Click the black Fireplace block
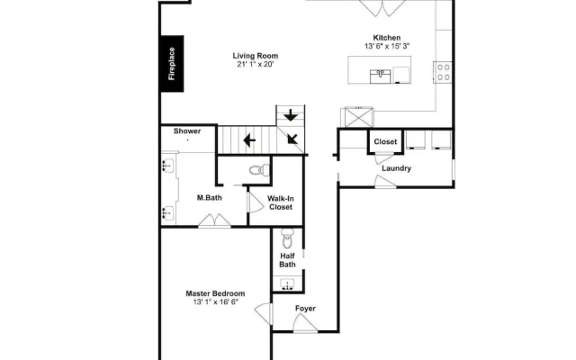point(172,64)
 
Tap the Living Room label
point(256,56)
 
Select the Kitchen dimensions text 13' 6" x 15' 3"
point(387,46)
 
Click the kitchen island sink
point(380,76)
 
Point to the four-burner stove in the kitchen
point(444,72)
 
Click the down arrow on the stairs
point(291,115)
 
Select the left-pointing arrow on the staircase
point(249,140)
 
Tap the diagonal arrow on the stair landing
point(292,139)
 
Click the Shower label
point(187,131)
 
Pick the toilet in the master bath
point(259,170)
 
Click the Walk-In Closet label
point(281,202)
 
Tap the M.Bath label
point(210,198)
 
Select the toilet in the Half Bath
point(288,238)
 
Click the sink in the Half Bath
point(287,284)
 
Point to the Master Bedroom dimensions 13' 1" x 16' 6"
point(216,302)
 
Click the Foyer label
point(305,308)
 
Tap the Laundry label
point(396,168)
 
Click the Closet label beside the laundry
point(385,142)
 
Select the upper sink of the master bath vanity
point(168,166)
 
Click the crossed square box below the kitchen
point(358,118)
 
